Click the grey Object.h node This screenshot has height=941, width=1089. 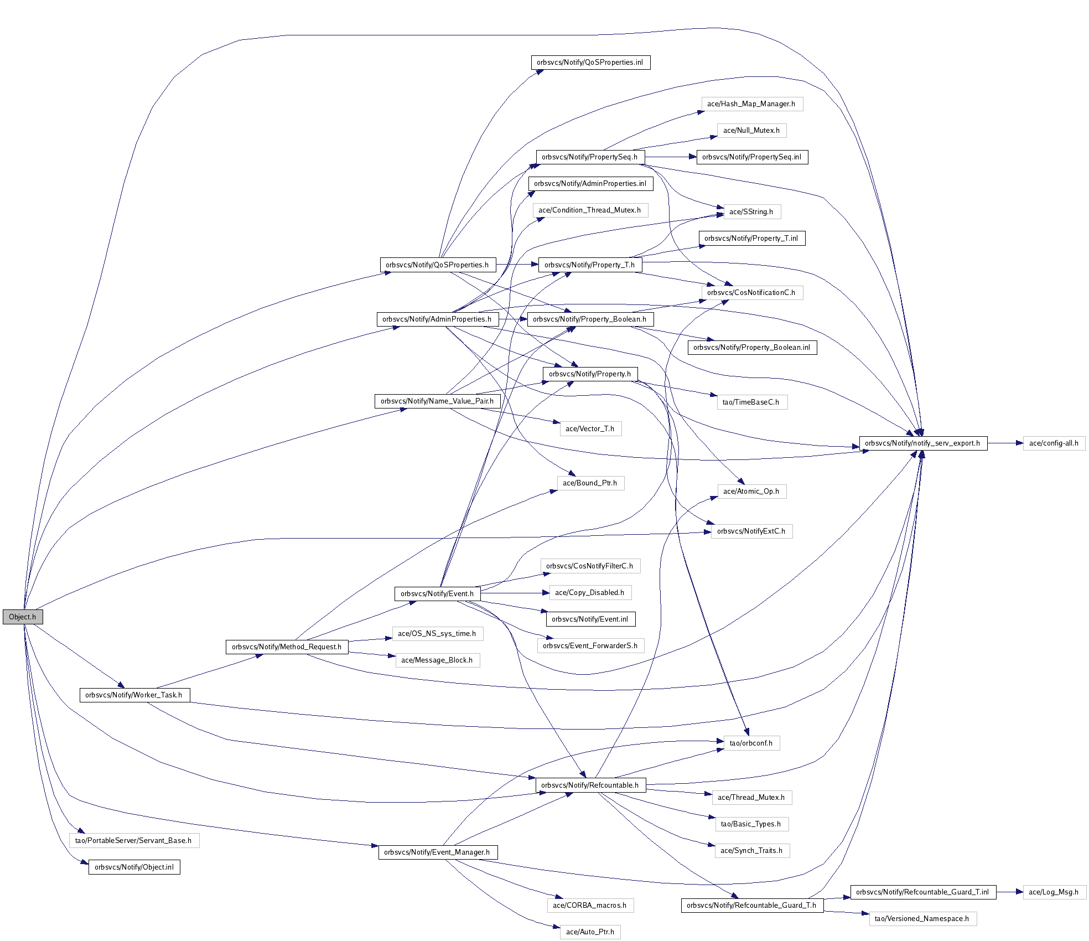pyautogui.click(x=23, y=617)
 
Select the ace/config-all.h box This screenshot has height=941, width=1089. pyautogui.click(x=1054, y=443)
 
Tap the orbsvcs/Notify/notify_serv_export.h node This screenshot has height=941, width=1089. pyautogui.click(x=922, y=443)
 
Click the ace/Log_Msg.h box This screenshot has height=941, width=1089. pyautogui.click(x=1054, y=892)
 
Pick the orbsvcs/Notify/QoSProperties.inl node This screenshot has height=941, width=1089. pyautogui.click(x=590, y=62)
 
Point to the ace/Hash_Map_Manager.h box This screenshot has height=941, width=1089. pyautogui.click(x=751, y=104)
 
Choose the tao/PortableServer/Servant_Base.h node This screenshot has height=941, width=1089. pyautogui.click(x=133, y=840)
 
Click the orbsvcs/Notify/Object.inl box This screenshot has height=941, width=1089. pyautogui.click(x=134, y=867)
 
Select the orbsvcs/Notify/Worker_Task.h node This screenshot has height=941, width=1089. pyautogui.click(x=134, y=695)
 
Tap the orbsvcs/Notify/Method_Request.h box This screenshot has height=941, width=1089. pyautogui.click(x=287, y=647)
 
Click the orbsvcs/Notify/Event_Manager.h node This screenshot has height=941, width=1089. pyautogui.click(x=437, y=852)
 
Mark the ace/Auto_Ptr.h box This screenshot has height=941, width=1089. pyautogui.click(x=590, y=932)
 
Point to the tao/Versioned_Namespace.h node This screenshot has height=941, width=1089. pyautogui.click(x=922, y=918)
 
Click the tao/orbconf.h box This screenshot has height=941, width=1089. pyautogui.click(x=751, y=743)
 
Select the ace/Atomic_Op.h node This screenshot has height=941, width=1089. pyautogui.click(x=751, y=491)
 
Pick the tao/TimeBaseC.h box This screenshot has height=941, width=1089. pyautogui.click(x=751, y=402)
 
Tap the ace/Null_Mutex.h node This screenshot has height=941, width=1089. pyautogui.click(x=751, y=130)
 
